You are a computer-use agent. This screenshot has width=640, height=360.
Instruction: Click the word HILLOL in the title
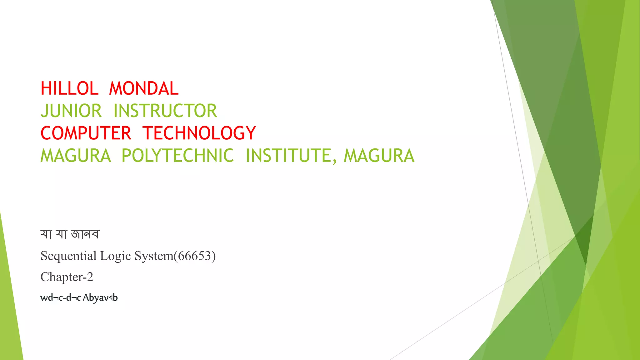(x=69, y=88)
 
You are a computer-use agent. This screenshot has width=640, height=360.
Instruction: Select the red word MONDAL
(x=144, y=88)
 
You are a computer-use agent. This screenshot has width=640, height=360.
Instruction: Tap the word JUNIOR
(x=71, y=111)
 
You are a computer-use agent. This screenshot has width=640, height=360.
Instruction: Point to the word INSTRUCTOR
(x=165, y=111)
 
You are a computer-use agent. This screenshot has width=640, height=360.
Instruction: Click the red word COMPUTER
(x=86, y=133)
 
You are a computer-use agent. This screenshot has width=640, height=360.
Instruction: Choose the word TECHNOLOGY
(x=199, y=133)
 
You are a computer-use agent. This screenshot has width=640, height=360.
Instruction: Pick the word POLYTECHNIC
(x=177, y=156)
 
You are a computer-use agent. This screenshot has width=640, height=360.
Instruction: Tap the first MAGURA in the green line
(x=76, y=156)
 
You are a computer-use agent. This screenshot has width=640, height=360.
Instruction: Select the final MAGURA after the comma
(x=379, y=156)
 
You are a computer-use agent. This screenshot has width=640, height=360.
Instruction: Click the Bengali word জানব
(x=85, y=234)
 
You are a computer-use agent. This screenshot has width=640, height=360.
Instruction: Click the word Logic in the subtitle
(x=115, y=256)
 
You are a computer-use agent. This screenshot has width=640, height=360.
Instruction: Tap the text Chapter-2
(x=67, y=277)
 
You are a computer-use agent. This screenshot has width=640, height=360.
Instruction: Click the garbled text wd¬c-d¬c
(x=60, y=297)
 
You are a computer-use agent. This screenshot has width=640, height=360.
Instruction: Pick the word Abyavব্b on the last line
(x=100, y=297)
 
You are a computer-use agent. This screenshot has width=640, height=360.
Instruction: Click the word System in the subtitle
(x=154, y=256)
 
